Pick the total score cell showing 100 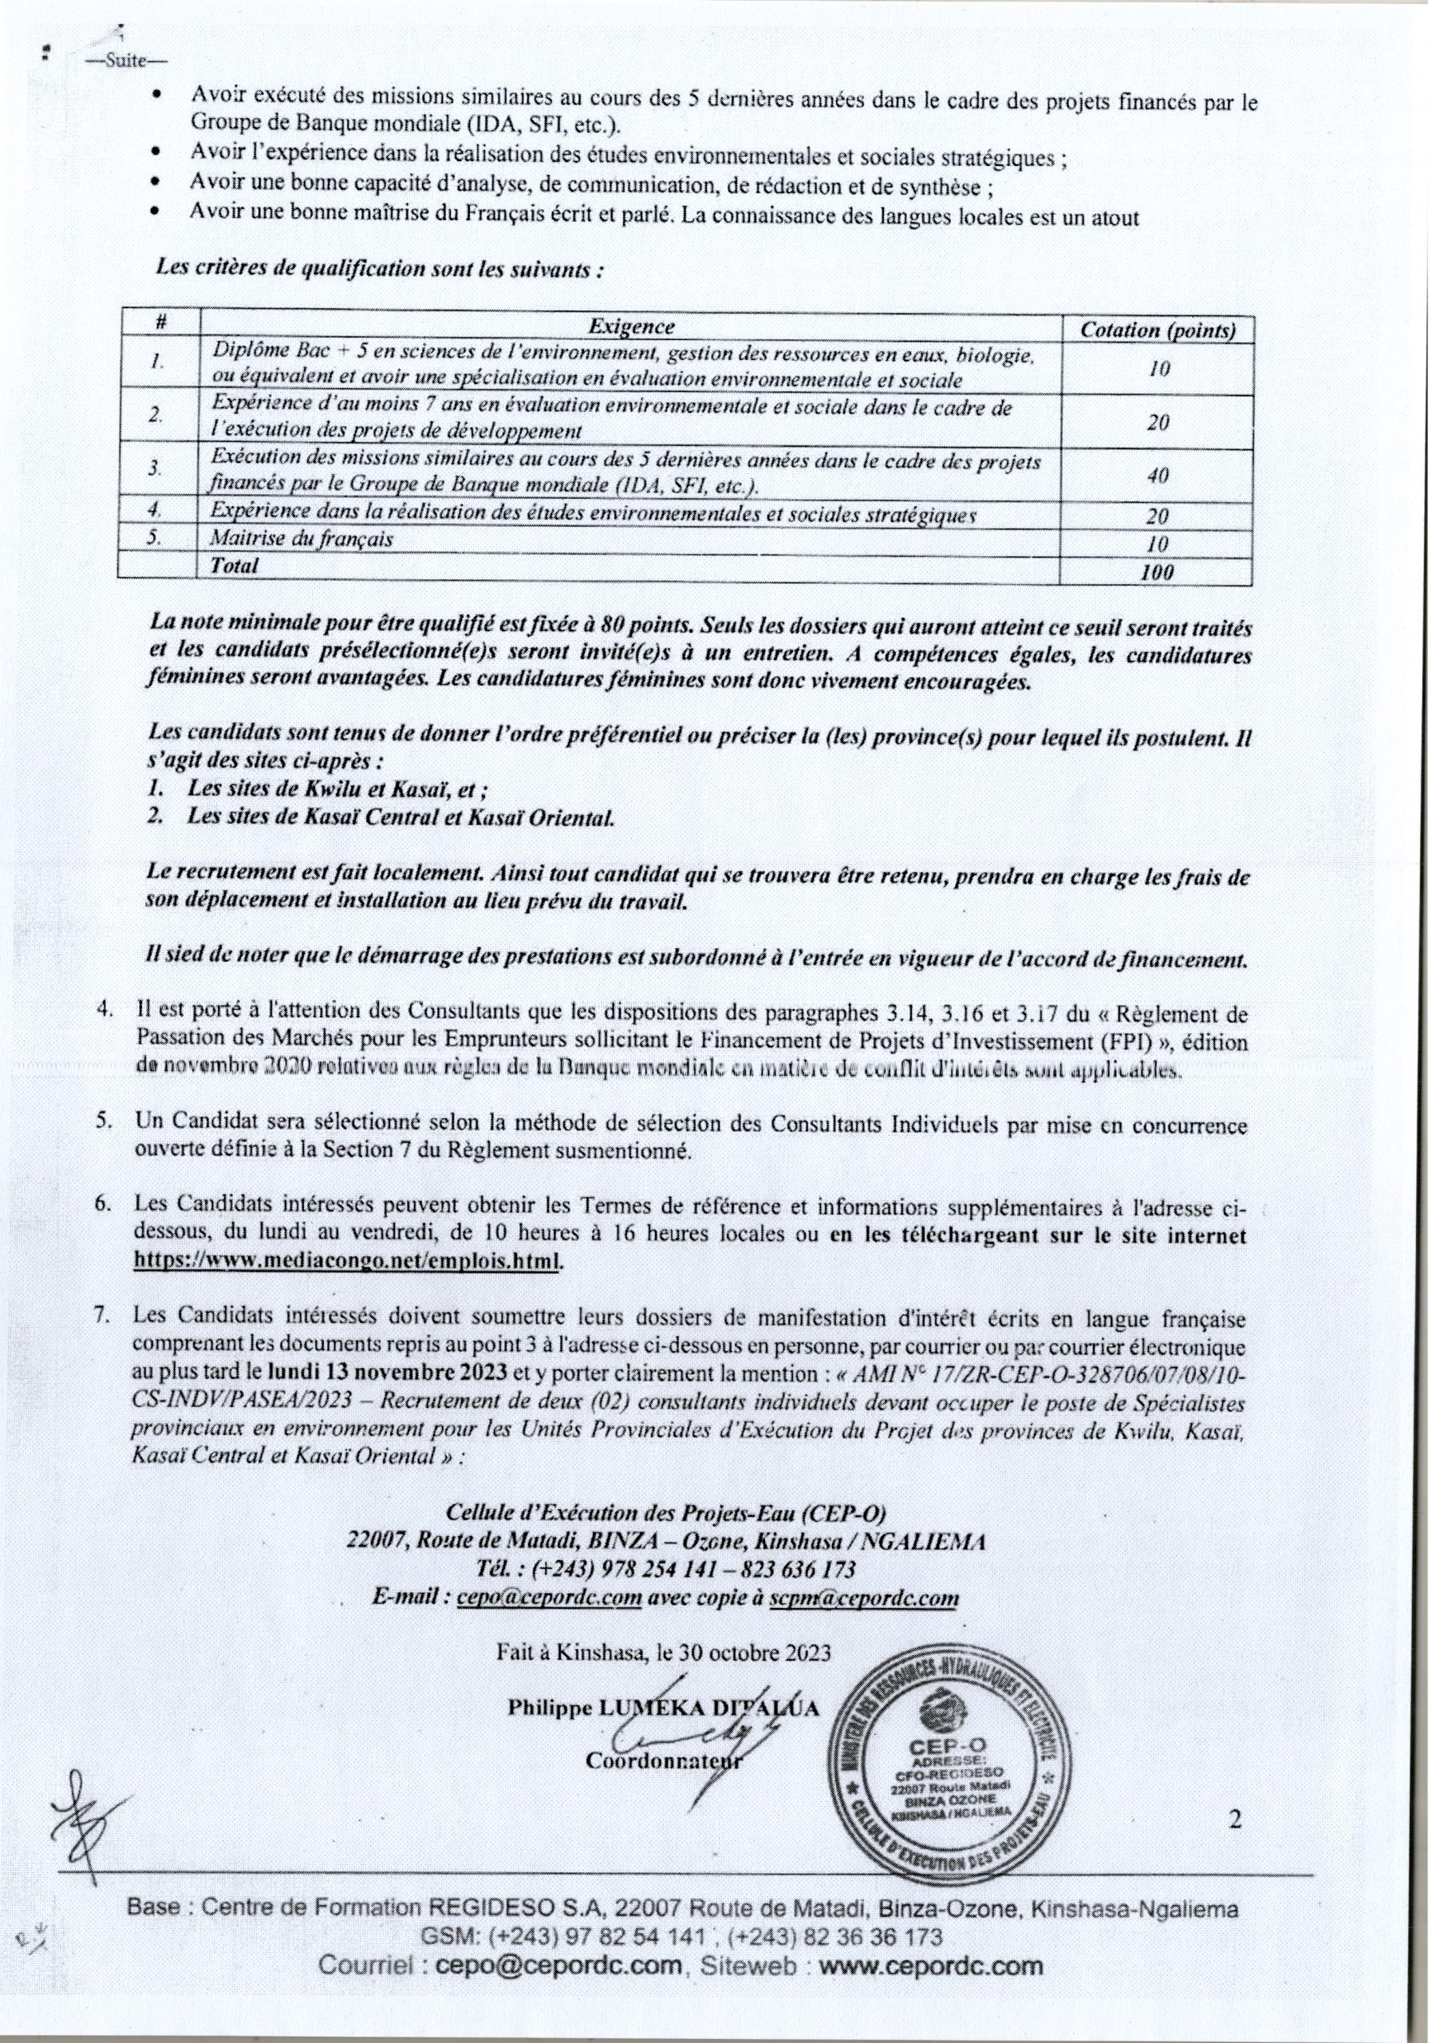point(1158,572)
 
